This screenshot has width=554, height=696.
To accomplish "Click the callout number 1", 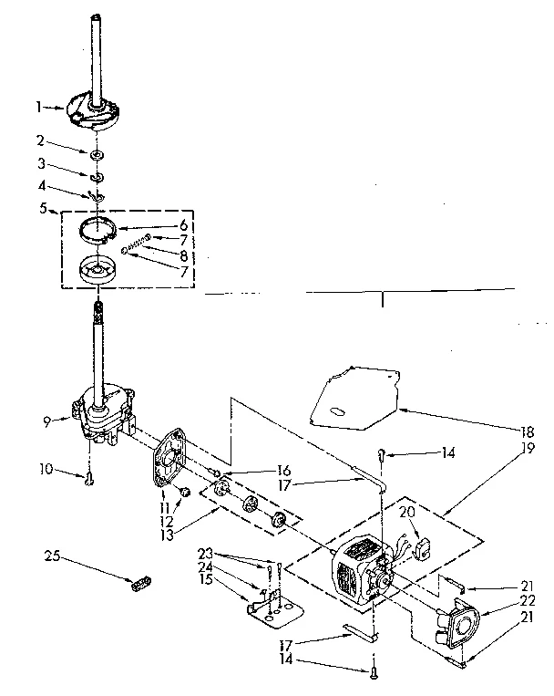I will coord(38,107).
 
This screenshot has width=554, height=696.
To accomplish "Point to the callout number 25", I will coord(53,553).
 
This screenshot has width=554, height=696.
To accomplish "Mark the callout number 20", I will coord(407,513).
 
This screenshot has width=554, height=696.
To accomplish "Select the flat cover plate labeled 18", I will coord(351,391).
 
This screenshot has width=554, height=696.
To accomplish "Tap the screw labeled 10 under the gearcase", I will coord(89,479).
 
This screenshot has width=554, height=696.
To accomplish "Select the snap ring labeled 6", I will coord(102,227).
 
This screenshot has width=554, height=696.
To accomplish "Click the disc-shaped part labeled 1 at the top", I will coord(94,108).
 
